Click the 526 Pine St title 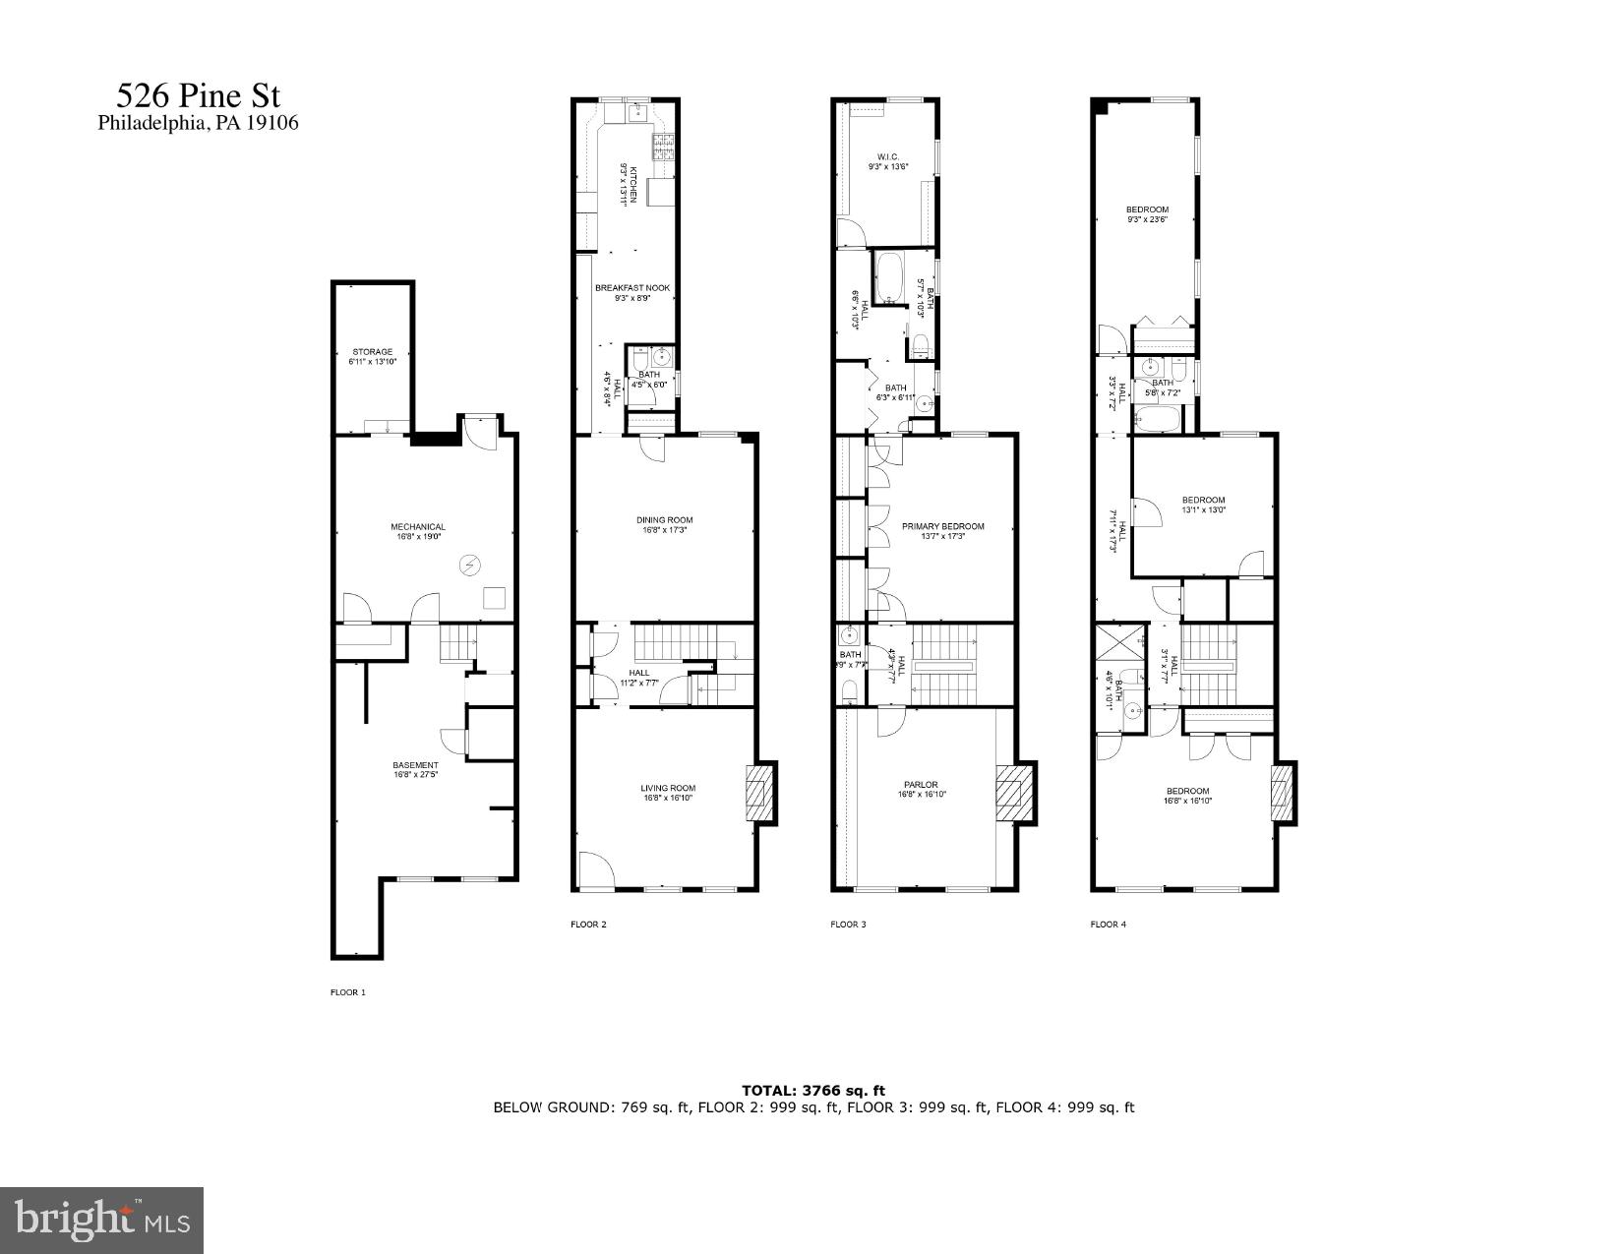pos(198,96)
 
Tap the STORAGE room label pos(373,351)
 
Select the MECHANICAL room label pos(418,527)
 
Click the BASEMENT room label pos(415,765)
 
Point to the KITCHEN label pos(633,184)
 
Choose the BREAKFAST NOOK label pos(631,288)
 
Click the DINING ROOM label pos(665,520)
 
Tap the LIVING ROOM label pos(668,788)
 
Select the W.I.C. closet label pos(887,156)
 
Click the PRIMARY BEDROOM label pos(942,526)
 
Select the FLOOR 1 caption pos(347,992)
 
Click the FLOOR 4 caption pos(1108,925)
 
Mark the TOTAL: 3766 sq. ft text pos(813,1090)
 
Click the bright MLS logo pos(101,1220)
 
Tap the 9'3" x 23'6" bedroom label pos(1147,209)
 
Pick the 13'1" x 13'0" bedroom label pos(1203,500)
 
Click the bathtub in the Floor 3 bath pos(892,277)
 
